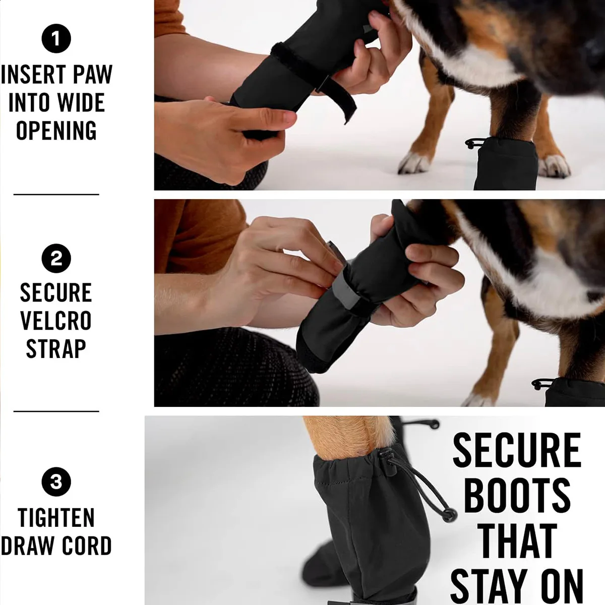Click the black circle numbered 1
(56, 38)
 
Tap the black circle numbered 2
(56, 259)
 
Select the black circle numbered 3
(56, 482)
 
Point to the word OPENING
(56, 130)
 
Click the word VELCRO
(56, 320)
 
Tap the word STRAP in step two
(56, 348)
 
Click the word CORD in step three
(87, 546)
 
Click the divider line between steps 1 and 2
(56, 194)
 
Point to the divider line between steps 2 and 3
(56, 411)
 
